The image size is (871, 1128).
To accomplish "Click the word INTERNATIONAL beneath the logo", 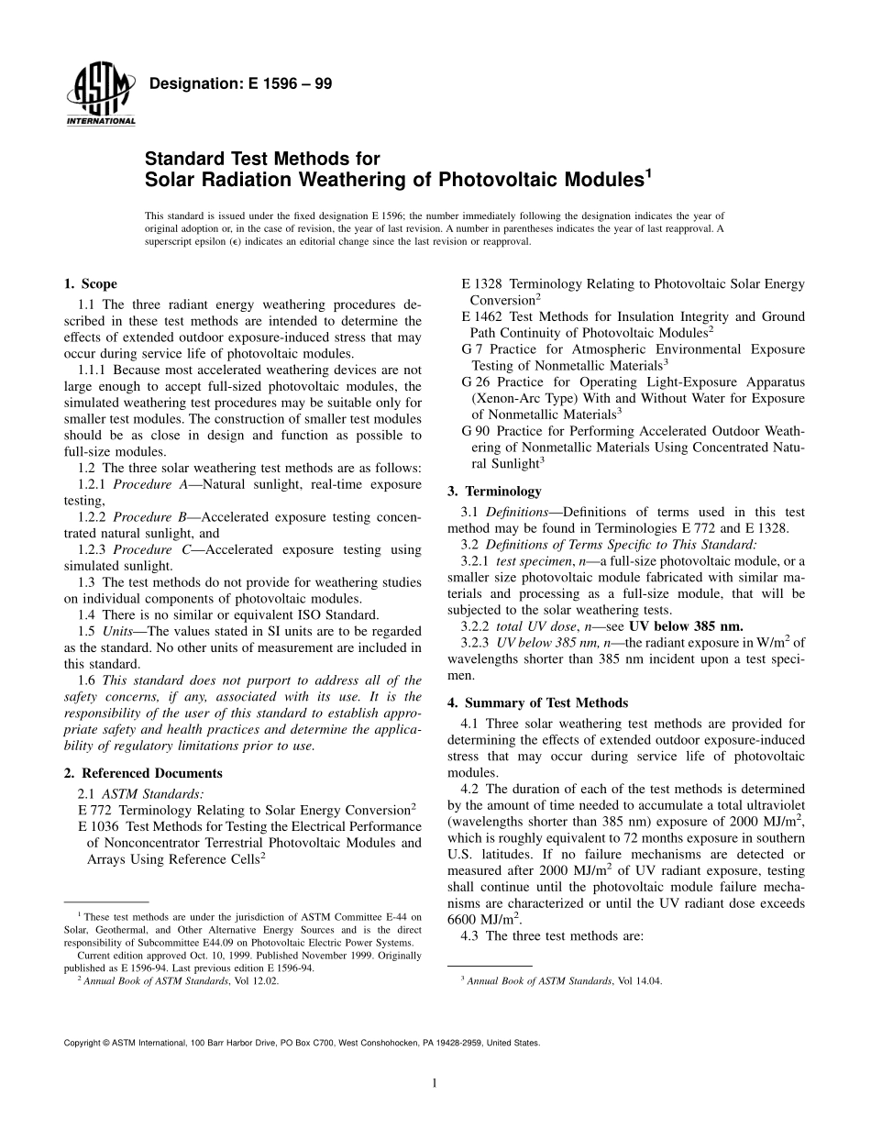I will [x=101, y=121].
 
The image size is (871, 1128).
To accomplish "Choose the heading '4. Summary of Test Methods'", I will [x=537, y=702].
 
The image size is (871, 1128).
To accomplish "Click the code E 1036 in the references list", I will [x=100, y=826].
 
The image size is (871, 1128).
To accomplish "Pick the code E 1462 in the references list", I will [x=482, y=316].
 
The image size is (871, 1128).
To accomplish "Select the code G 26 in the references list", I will [x=478, y=382].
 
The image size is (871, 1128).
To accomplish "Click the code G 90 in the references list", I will [x=478, y=431].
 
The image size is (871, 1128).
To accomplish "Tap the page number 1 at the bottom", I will [x=435, y=1083].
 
